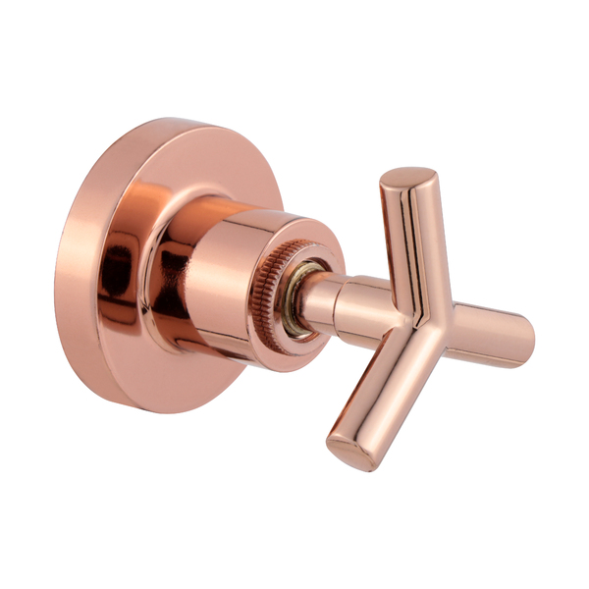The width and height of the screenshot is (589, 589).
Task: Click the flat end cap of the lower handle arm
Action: coord(348,453)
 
